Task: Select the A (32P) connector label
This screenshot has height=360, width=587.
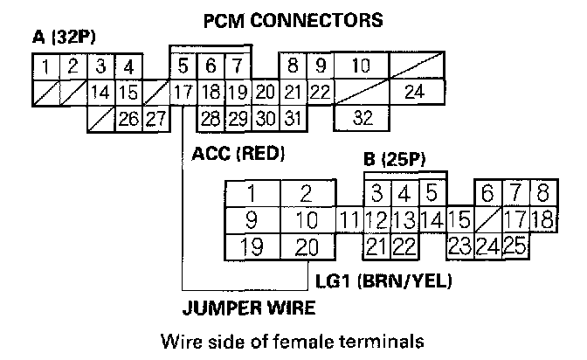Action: pyautogui.click(x=63, y=39)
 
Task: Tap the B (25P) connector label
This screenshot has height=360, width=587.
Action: pyautogui.click(x=393, y=161)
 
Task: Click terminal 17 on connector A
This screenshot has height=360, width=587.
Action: pyautogui.click(x=183, y=92)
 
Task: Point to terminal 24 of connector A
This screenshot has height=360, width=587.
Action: pyautogui.click(x=414, y=92)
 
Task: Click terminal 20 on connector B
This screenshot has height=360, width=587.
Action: pyautogui.click(x=307, y=246)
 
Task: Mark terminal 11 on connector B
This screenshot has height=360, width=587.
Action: pyautogui.click(x=349, y=220)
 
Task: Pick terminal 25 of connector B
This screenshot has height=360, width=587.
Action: pyautogui.click(x=514, y=246)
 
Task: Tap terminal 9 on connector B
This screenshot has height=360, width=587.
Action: pyautogui.click(x=252, y=220)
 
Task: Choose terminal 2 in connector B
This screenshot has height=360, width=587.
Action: pyautogui.click(x=307, y=193)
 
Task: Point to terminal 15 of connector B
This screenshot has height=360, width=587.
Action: pyautogui.click(x=460, y=220)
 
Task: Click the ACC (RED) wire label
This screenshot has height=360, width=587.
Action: pyautogui.click(x=238, y=155)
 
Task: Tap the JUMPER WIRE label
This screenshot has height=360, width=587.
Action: pyautogui.click(x=249, y=308)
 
